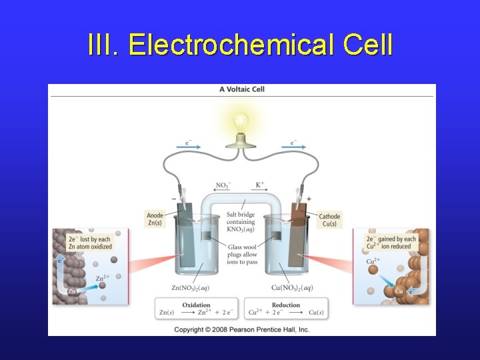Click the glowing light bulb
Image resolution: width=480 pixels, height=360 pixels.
(x=241, y=123)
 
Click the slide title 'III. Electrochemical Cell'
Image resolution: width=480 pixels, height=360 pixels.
(x=240, y=45)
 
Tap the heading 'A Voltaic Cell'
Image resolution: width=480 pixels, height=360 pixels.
(x=243, y=89)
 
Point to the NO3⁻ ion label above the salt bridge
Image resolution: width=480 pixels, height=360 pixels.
(x=223, y=185)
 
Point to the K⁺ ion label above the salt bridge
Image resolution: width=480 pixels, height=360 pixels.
(x=260, y=185)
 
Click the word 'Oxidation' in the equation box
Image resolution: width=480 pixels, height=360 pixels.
(x=197, y=305)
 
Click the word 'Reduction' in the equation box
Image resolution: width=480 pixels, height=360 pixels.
(x=287, y=305)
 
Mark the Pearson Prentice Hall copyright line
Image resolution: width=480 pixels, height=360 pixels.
(x=242, y=329)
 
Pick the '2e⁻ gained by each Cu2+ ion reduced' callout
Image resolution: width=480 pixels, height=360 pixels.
(x=391, y=243)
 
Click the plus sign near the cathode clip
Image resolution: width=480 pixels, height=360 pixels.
(x=309, y=199)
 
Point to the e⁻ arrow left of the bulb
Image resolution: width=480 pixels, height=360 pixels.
(x=191, y=142)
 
